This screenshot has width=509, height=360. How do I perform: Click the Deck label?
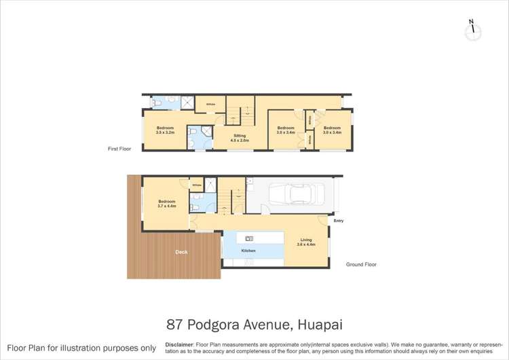pos(181,253)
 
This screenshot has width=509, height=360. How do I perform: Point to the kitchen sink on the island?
pos(249,237)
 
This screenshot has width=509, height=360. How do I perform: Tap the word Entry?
pos(338,221)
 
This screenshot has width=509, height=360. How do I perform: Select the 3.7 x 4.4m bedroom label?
pos(167,203)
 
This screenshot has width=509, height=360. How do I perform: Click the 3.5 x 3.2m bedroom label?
pos(166,130)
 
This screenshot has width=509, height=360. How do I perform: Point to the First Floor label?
pos(119,148)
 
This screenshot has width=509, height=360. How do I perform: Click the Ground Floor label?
pos(361,264)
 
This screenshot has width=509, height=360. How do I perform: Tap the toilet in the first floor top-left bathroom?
pos(157,103)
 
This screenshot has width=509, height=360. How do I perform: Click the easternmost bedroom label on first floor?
pos(331,130)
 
